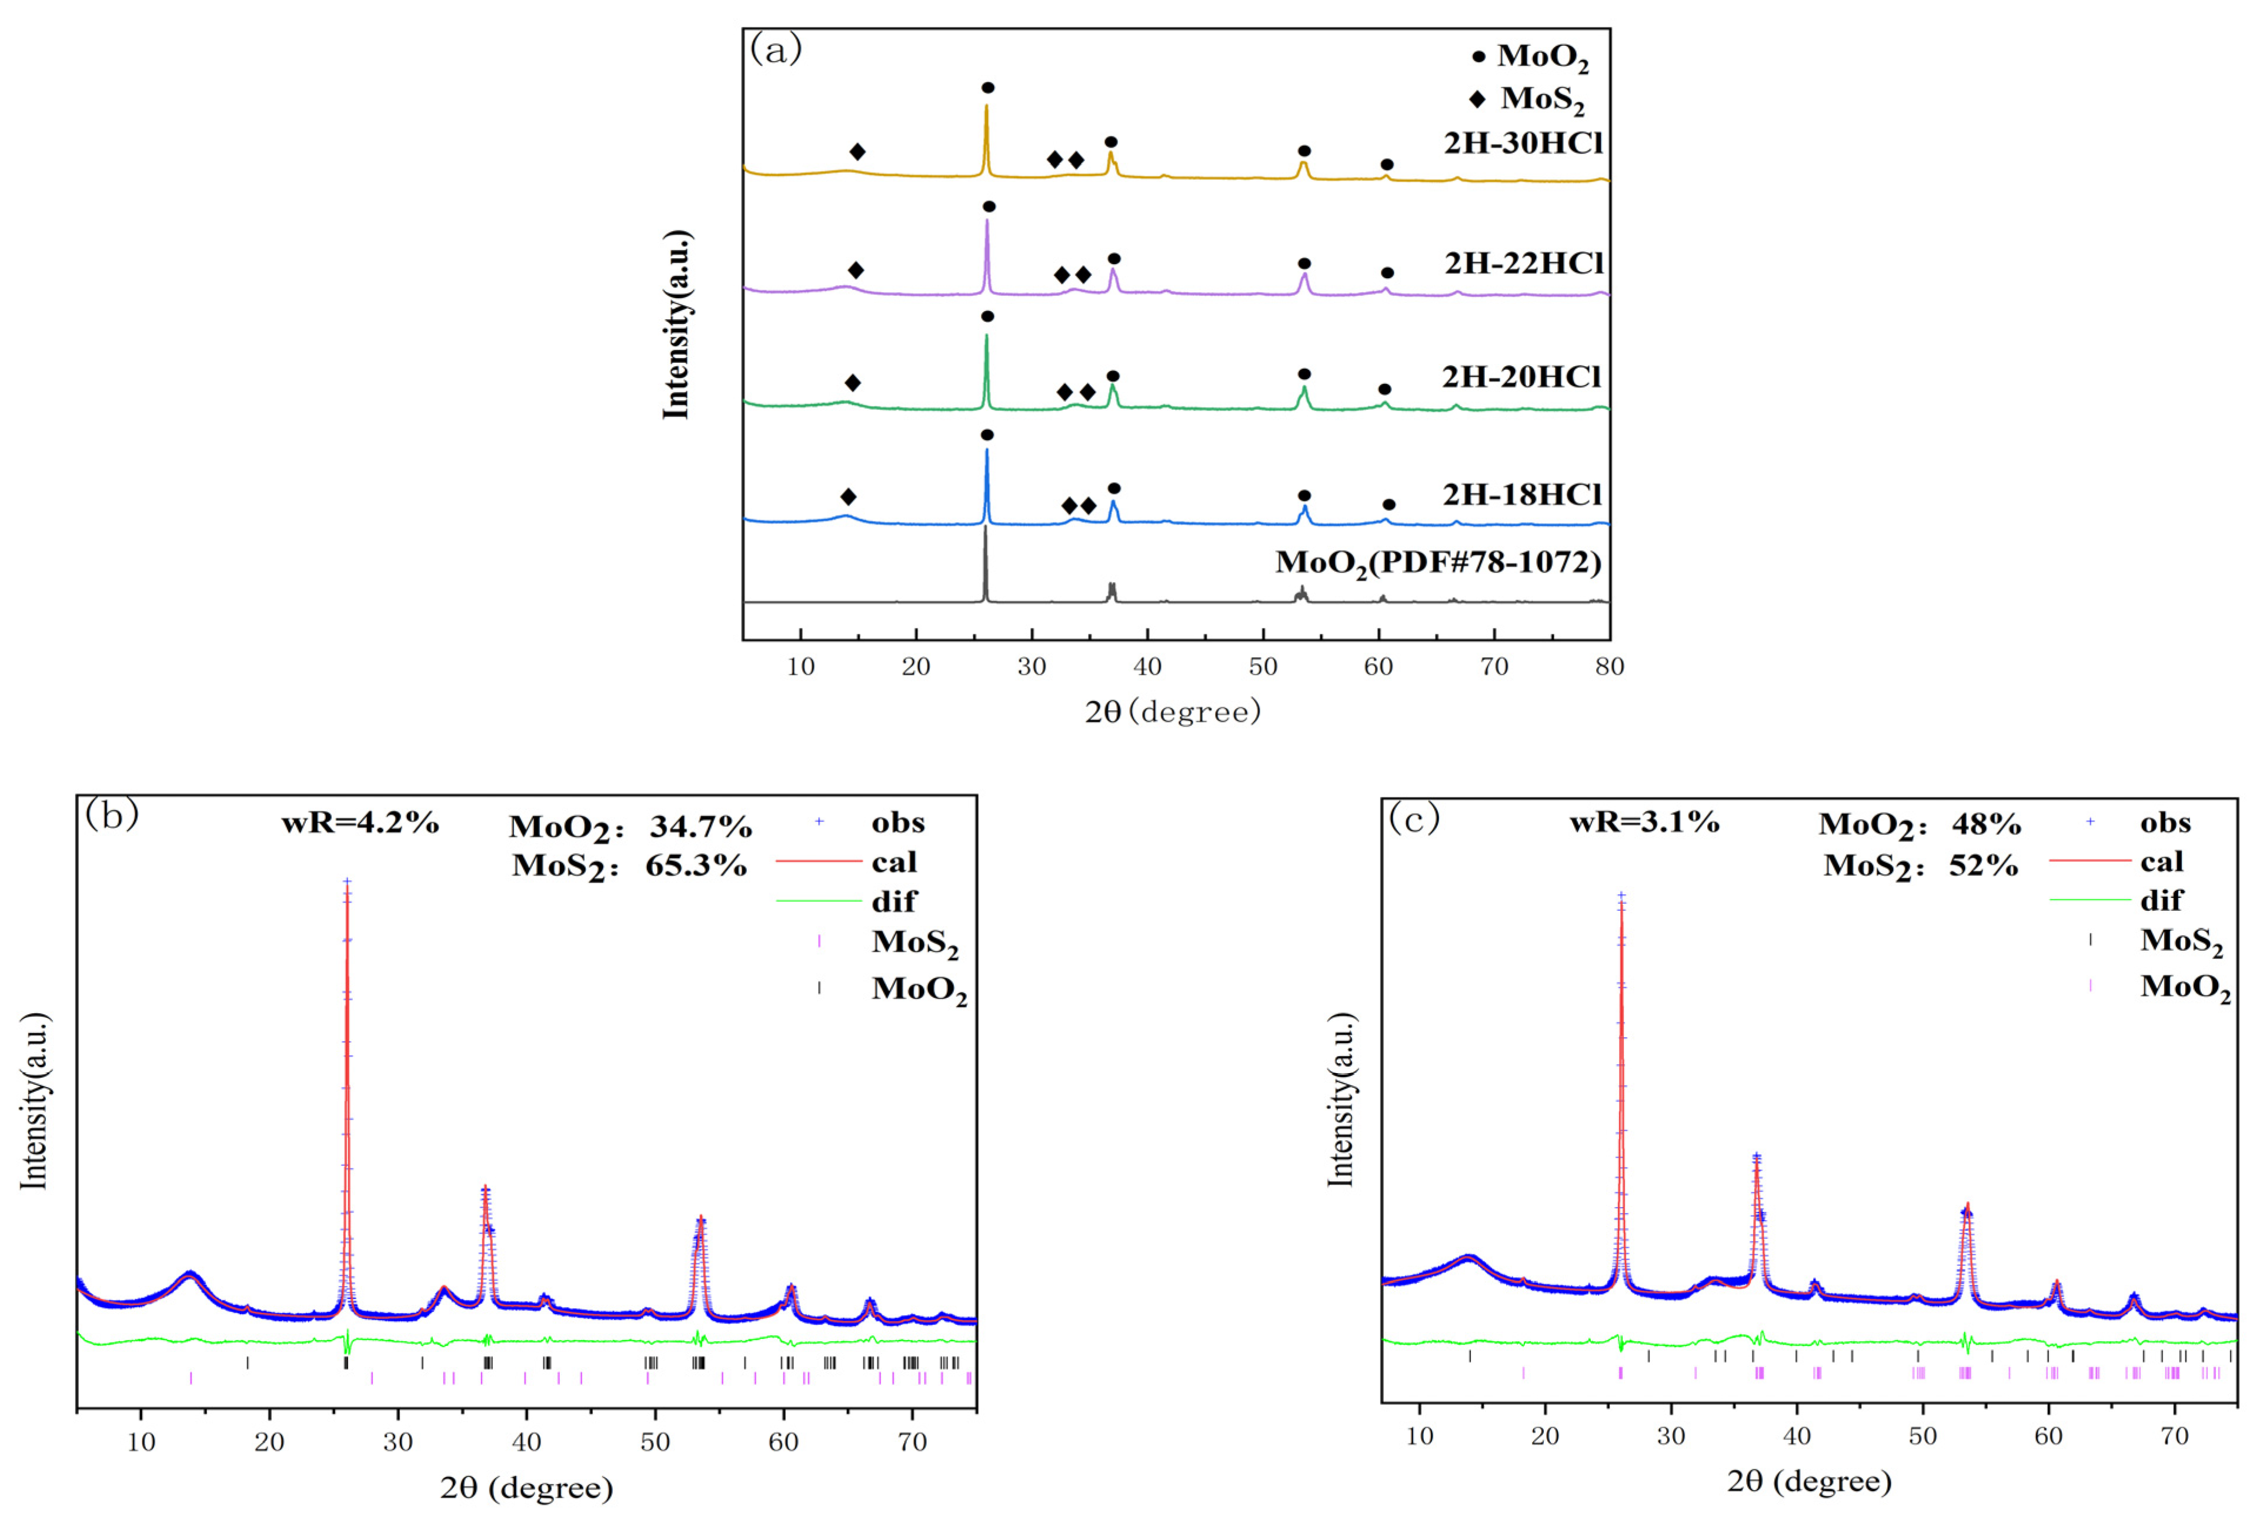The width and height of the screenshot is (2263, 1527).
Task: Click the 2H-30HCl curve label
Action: pyautogui.click(x=1522, y=143)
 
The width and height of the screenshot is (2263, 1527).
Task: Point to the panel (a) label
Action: pyautogui.click(x=775, y=49)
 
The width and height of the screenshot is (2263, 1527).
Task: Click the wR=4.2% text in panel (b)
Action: pyautogui.click(x=361, y=823)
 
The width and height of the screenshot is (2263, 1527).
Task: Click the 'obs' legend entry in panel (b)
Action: pyautogui.click(x=897, y=823)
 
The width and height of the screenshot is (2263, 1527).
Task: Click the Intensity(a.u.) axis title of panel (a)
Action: pyautogui.click(x=676, y=325)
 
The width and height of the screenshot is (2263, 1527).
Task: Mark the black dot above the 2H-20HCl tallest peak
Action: pyautogui.click(x=987, y=316)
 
